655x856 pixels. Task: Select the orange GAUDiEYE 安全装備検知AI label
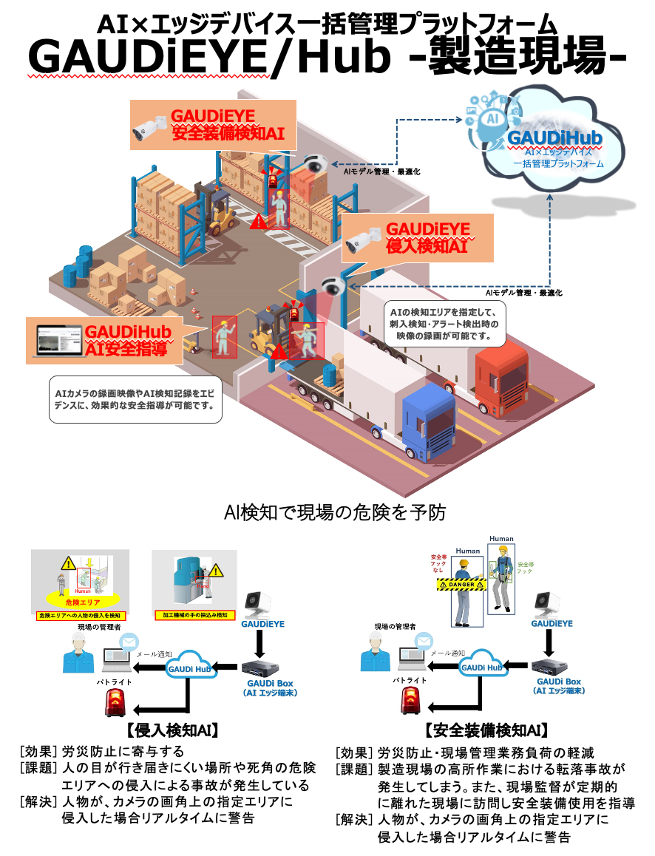(x=214, y=126)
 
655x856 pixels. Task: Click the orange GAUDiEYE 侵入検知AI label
(x=418, y=238)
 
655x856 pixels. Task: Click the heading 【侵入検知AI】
(x=172, y=731)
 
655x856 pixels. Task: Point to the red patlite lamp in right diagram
(x=412, y=701)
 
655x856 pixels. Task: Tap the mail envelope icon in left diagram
(x=129, y=640)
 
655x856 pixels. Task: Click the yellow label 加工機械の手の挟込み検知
(x=194, y=614)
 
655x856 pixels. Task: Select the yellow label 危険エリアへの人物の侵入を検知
(x=81, y=615)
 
